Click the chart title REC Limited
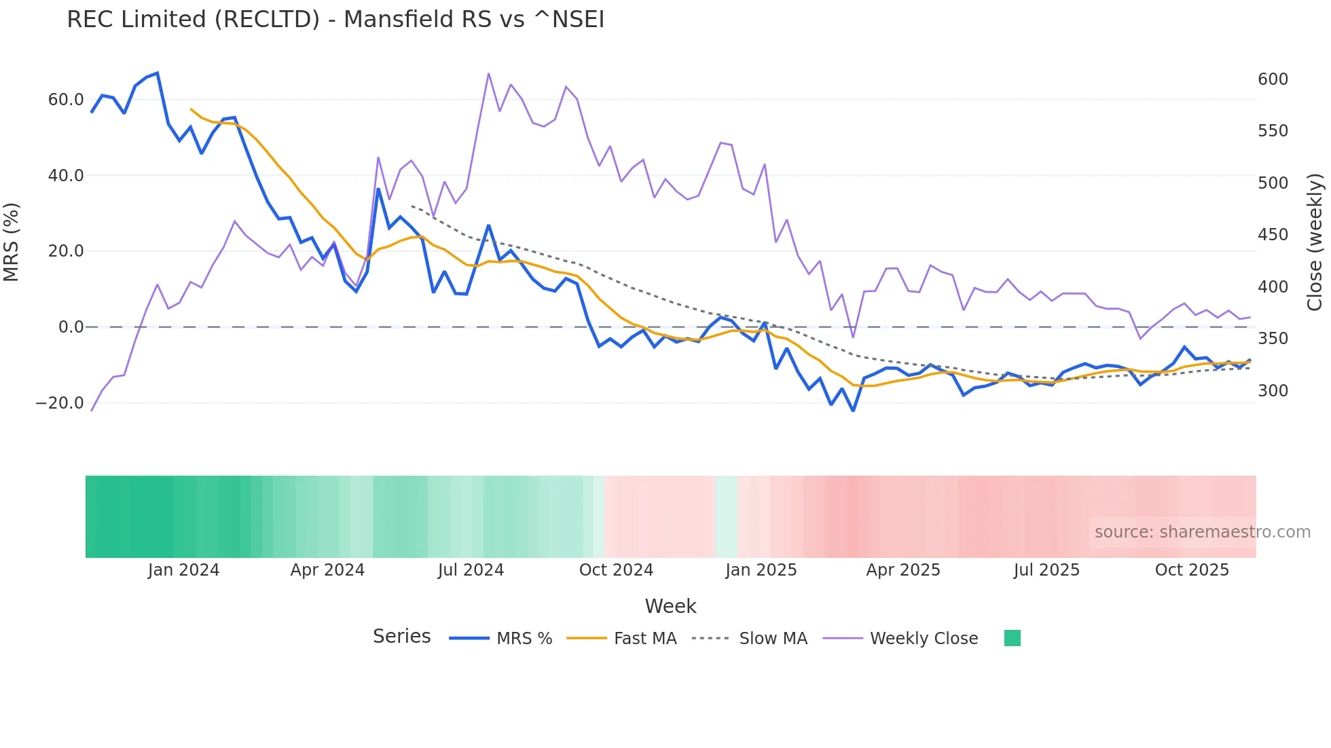pos(335,20)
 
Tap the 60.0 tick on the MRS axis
pos(66,100)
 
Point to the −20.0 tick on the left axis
pos(60,403)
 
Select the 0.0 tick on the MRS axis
pos(71,327)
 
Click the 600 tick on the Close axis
pos(1273,79)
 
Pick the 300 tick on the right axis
pos(1273,391)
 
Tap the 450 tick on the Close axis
pos(1273,235)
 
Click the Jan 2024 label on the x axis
pos(183,570)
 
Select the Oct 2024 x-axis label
pos(616,570)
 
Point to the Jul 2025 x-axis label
pos(1046,570)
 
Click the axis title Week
pos(670,606)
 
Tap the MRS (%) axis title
pos(12,242)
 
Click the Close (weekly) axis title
pos(1315,242)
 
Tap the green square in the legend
pos(1012,638)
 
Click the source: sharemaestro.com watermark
pos(1202,532)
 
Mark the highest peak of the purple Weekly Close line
pos(488,74)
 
